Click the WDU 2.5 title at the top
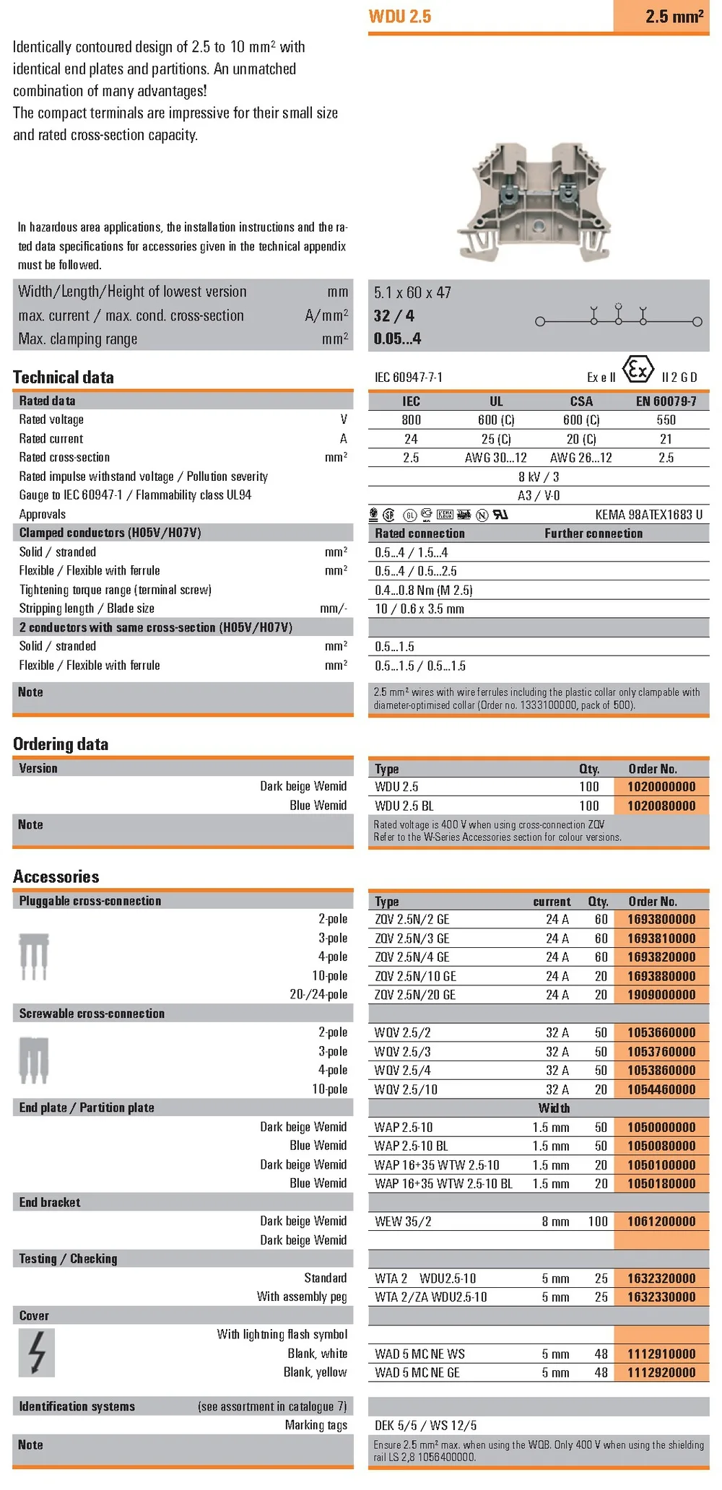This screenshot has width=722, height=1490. [399, 17]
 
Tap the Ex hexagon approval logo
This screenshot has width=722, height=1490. [638, 370]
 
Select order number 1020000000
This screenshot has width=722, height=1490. [661, 787]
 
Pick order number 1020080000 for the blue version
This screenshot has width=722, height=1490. [661, 806]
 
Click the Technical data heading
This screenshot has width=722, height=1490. [64, 377]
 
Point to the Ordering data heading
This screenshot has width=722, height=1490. [61, 744]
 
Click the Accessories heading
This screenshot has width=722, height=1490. [56, 876]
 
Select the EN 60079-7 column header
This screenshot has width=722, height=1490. [666, 401]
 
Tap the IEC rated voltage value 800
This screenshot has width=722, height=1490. [411, 420]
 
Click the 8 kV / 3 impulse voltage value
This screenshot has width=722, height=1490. [539, 476]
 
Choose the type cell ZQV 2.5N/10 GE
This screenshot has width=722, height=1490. [415, 976]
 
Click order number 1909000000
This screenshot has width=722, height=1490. [661, 995]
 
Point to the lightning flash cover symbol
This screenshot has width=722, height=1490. [37, 1353]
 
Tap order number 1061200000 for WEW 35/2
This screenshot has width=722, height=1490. [661, 1221]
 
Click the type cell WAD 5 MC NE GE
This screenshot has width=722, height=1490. [417, 1372]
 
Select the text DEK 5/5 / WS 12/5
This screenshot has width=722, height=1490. [426, 1425]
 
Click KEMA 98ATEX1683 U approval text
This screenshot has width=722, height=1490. [648, 515]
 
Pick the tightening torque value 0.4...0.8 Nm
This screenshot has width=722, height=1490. [424, 590]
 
